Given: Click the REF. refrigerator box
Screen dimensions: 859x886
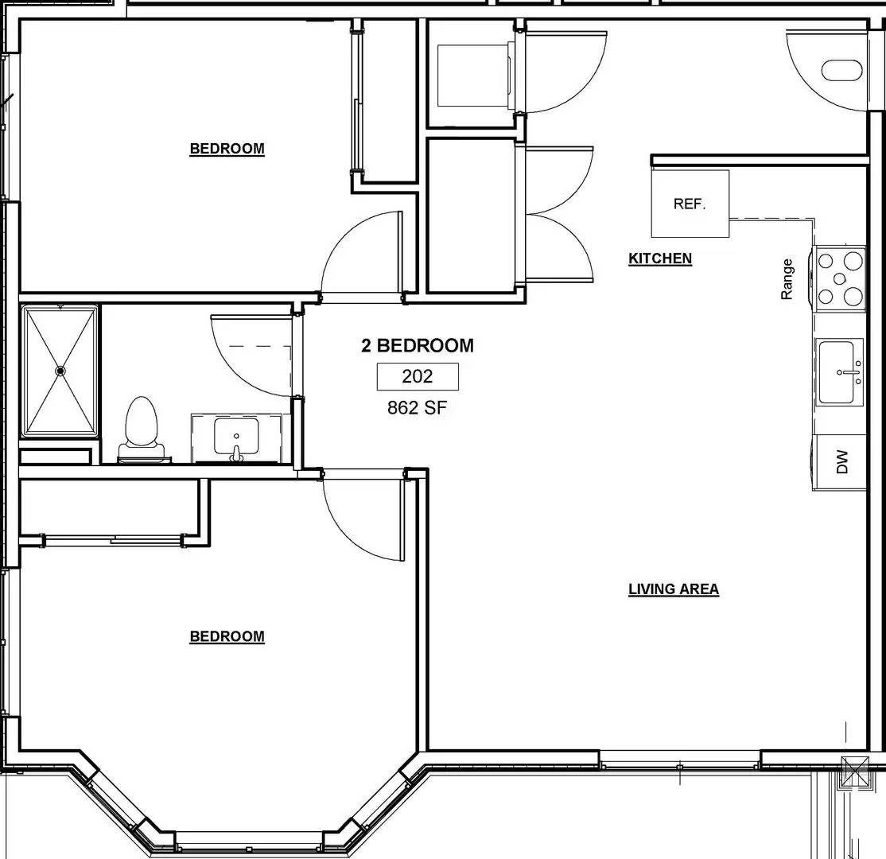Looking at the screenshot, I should [690, 204].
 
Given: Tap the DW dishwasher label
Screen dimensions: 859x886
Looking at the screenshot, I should [842, 461].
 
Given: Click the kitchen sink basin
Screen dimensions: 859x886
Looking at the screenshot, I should [839, 371].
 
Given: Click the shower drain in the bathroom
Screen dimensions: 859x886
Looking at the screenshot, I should [60, 371].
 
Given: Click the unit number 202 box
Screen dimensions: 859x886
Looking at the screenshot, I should [418, 376].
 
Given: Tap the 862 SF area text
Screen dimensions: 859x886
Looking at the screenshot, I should [418, 408].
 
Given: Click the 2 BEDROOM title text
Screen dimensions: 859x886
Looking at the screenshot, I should [418, 346].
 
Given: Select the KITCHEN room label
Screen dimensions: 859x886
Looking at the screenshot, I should [660, 258].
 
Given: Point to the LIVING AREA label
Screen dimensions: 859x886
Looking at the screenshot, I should [674, 589].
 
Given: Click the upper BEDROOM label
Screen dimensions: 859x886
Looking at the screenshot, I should [227, 149].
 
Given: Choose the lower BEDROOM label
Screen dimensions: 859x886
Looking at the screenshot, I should [227, 636].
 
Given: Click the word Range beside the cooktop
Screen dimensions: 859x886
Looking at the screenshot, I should [787, 279].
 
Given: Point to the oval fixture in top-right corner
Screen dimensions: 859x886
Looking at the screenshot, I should [841, 71].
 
